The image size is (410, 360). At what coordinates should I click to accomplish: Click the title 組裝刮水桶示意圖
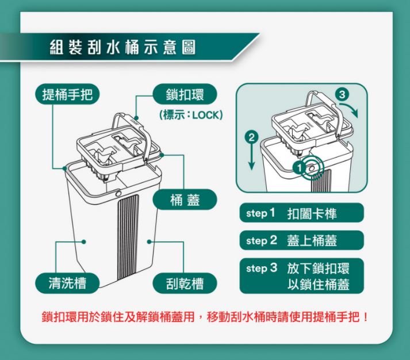pyautogui.click(x=122, y=47)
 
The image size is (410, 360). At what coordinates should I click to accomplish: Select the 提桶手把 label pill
pyautogui.click(x=67, y=94)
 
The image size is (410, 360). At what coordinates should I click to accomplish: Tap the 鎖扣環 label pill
pyautogui.click(x=185, y=94)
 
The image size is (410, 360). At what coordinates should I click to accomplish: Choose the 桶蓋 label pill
pyautogui.click(x=185, y=200)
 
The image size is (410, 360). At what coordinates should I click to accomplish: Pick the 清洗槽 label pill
pyautogui.click(x=67, y=283)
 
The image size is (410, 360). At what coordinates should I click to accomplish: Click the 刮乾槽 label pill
pyautogui.click(x=185, y=283)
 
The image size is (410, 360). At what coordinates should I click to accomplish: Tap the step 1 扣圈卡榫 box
pyautogui.click(x=301, y=213)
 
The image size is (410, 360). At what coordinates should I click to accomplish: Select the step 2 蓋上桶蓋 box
pyautogui.click(x=301, y=240)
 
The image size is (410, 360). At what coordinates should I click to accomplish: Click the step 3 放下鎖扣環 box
pyautogui.click(x=301, y=276)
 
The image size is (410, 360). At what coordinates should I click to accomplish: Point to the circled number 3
pyautogui.click(x=342, y=94)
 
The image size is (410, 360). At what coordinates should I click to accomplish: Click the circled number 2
pyautogui.click(x=251, y=137)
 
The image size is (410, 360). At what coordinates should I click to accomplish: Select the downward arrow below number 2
pyautogui.click(x=251, y=157)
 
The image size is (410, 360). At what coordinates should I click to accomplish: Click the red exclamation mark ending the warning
pyautogui.click(x=365, y=317)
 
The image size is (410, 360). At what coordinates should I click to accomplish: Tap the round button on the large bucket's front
pyautogui.click(x=118, y=194)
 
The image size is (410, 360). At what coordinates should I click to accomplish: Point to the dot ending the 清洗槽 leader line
pyautogui.click(x=84, y=242)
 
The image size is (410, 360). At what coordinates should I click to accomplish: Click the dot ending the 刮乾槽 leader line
pyautogui.click(x=149, y=242)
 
